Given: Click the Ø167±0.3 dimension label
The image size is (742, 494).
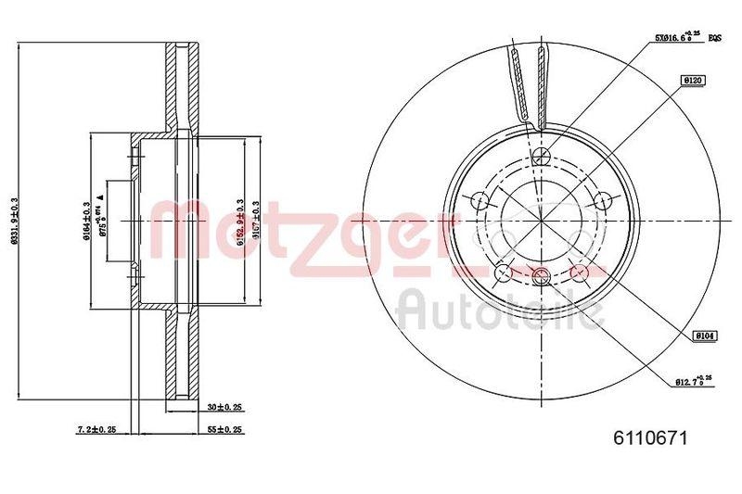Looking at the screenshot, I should pos(253,222).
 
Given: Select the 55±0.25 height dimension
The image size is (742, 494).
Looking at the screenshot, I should pos(226,429).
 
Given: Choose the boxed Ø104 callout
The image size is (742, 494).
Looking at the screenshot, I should pos(702,337).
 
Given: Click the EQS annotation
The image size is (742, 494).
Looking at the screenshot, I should pos(715,39).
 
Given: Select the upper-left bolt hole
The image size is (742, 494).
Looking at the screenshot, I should pos(480,200).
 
